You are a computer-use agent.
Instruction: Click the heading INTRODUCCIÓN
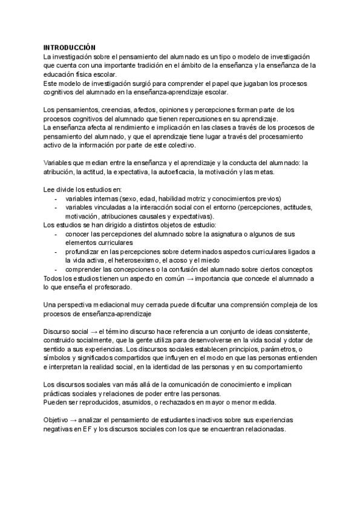[70, 47]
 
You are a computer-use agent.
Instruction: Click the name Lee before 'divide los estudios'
[49, 190]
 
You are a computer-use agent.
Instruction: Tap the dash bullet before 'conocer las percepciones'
[56, 234]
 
